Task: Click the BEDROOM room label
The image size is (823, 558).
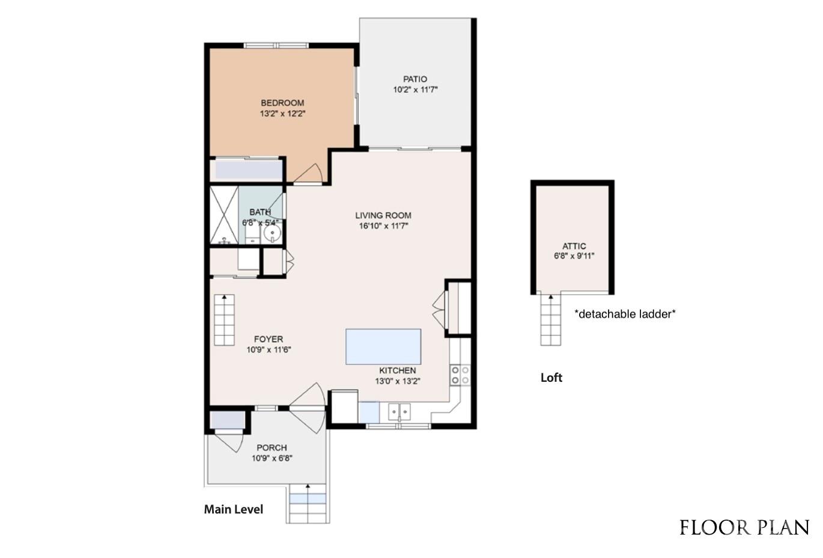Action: [x=282, y=103]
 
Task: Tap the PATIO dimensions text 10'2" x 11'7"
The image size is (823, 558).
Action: [x=415, y=90]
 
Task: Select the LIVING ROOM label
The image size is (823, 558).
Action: [x=383, y=215]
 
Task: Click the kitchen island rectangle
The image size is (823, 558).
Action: [x=383, y=346]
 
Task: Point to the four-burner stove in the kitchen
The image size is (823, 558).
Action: [x=460, y=375]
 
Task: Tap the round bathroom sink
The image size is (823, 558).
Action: [x=272, y=233]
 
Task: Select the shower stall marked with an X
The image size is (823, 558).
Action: [x=224, y=215]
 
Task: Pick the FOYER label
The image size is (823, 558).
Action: [x=268, y=339]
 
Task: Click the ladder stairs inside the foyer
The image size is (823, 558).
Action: [x=224, y=320]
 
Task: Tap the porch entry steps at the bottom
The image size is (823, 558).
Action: [x=308, y=504]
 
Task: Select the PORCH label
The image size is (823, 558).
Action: [x=272, y=447]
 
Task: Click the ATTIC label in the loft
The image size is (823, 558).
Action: [x=574, y=246]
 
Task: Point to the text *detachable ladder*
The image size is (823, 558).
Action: [x=625, y=314]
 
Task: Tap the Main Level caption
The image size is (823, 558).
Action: [x=233, y=509]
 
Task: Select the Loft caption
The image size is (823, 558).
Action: [x=551, y=378]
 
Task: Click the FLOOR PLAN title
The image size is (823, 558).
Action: [x=744, y=528]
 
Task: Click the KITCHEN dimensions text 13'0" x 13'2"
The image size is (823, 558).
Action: [x=397, y=381]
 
